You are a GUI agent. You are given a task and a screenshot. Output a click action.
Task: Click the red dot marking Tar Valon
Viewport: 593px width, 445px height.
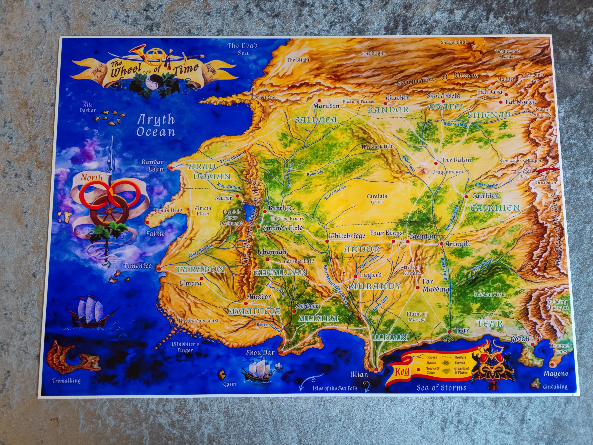[436, 163]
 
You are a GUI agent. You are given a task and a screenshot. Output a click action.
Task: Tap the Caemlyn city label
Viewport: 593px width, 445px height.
[422, 236]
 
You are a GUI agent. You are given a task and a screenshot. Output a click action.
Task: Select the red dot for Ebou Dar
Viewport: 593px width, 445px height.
[281, 352]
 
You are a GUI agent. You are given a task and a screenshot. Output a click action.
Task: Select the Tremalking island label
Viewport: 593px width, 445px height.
[67, 381]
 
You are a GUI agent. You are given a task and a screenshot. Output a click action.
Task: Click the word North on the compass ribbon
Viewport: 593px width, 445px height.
[92, 177]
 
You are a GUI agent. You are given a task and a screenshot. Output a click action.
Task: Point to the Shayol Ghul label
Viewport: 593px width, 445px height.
[454, 42]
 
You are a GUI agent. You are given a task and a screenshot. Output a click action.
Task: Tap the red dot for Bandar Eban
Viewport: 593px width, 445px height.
[170, 168]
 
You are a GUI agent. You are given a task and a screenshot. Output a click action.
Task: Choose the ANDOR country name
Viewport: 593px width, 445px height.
[362, 249]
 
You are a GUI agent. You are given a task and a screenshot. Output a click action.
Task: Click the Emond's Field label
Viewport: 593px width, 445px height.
[283, 228]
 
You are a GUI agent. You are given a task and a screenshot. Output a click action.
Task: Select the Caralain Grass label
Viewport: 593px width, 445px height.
[377, 199]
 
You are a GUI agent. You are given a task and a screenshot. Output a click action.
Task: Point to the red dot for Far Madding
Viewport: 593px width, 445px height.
[418, 288]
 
